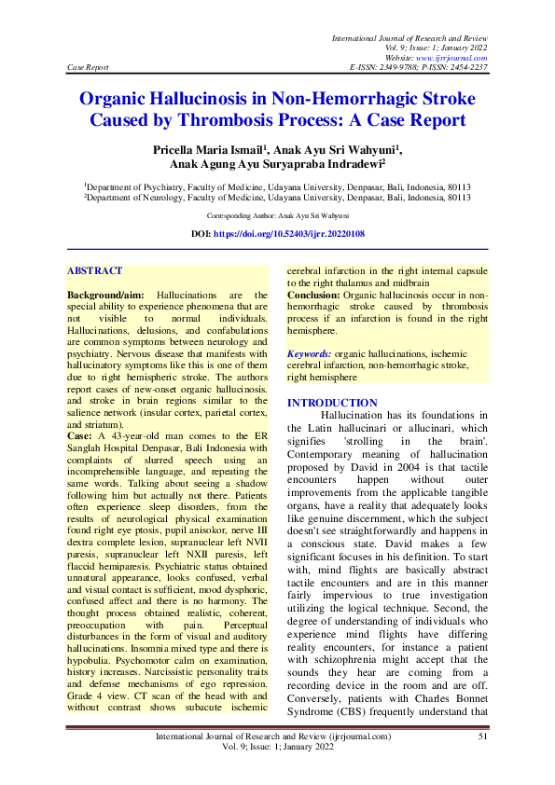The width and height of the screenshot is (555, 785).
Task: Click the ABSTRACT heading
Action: click(x=94, y=270)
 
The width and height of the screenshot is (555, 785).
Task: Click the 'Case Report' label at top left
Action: click(x=89, y=68)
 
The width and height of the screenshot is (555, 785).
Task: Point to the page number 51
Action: click(x=483, y=737)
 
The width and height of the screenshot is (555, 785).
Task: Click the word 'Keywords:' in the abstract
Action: click(x=310, y=355)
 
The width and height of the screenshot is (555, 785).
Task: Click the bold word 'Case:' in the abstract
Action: click(x=79, y=436)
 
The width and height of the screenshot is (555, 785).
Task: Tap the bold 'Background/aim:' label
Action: click(x=105, y=295)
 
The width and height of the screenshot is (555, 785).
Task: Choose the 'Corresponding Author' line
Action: click(x=277, y=215)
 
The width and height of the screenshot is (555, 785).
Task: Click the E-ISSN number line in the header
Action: click(x=419, y=68)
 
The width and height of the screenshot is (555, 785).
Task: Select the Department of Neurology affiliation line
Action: click(x=277, y=198)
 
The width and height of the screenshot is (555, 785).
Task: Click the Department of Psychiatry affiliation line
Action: click(x=277, y=186)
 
